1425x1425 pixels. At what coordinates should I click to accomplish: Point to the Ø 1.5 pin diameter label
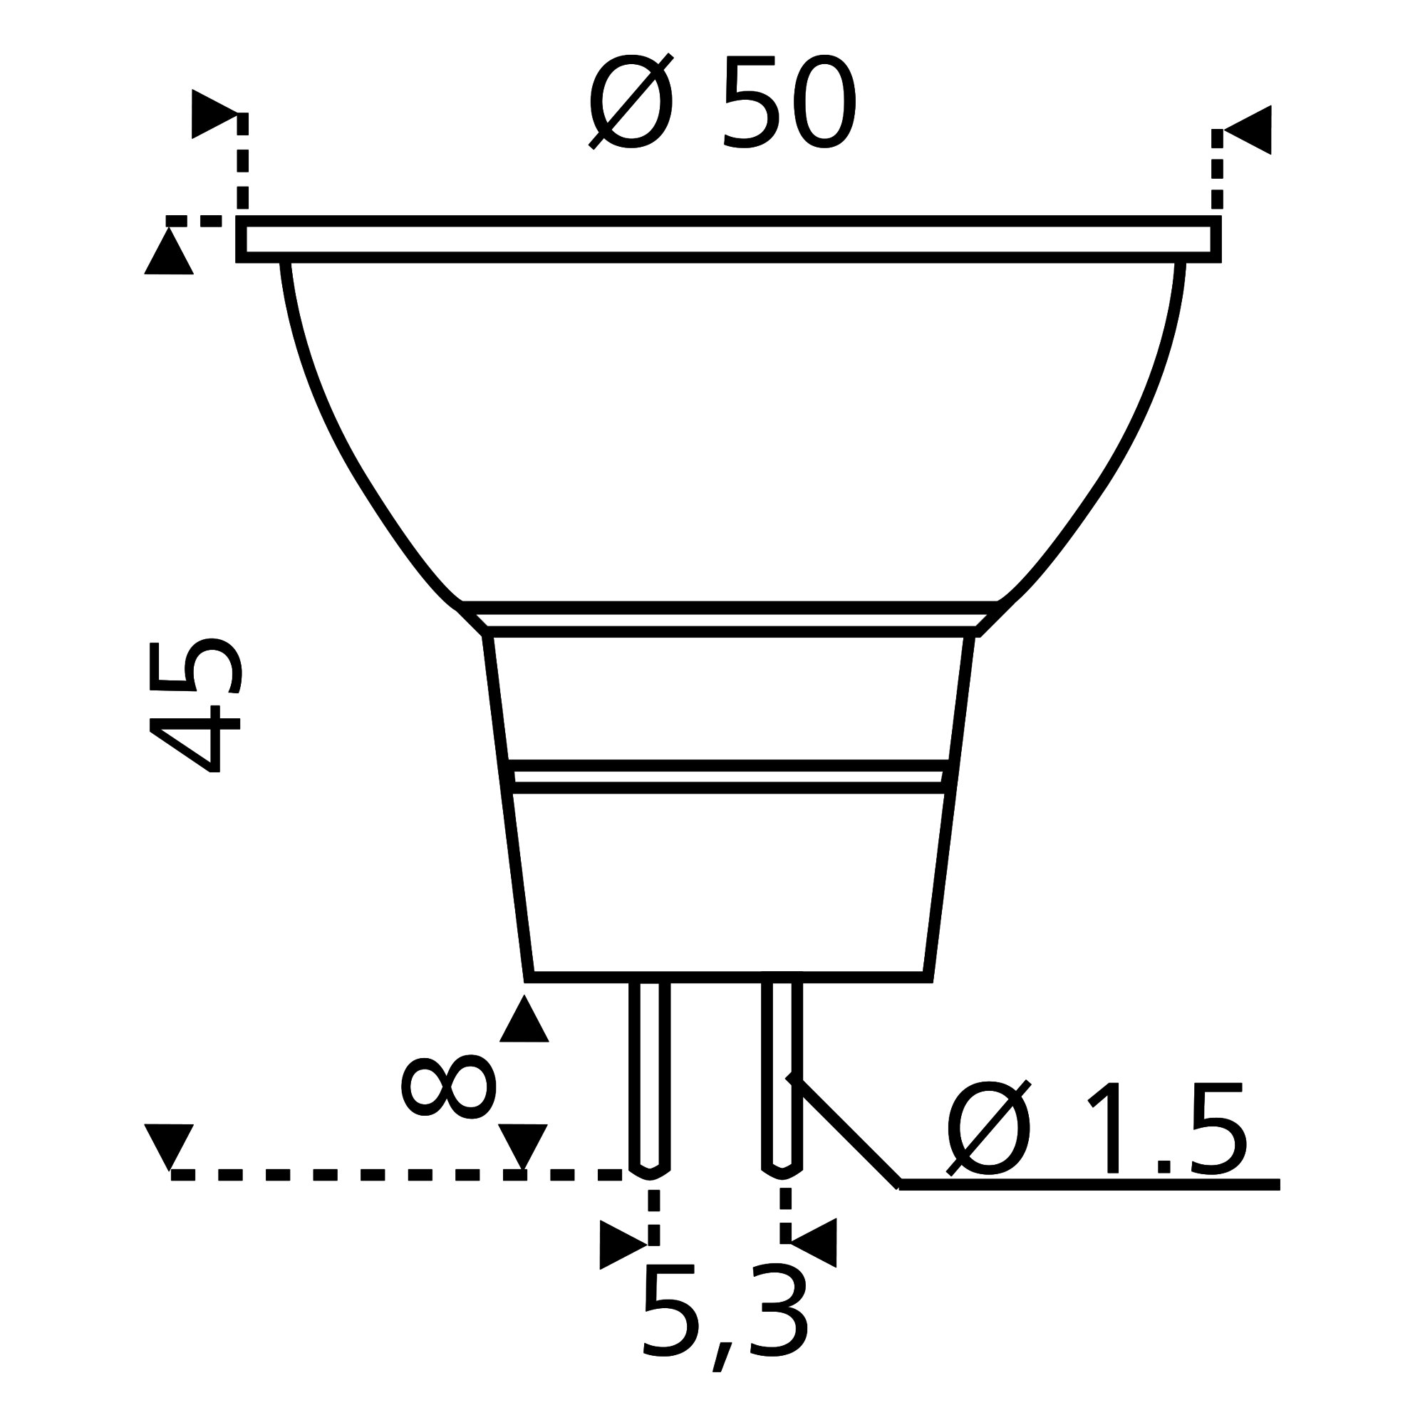1097,1129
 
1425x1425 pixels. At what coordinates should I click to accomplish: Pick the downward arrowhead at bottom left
169,1146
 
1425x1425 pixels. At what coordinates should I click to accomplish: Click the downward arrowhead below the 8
523,1146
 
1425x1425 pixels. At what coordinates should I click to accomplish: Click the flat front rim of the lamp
728,239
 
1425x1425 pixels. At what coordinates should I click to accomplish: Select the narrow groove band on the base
728,777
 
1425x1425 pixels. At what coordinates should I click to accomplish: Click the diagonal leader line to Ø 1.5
848,1132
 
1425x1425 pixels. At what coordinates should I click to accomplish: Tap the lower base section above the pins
728,885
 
